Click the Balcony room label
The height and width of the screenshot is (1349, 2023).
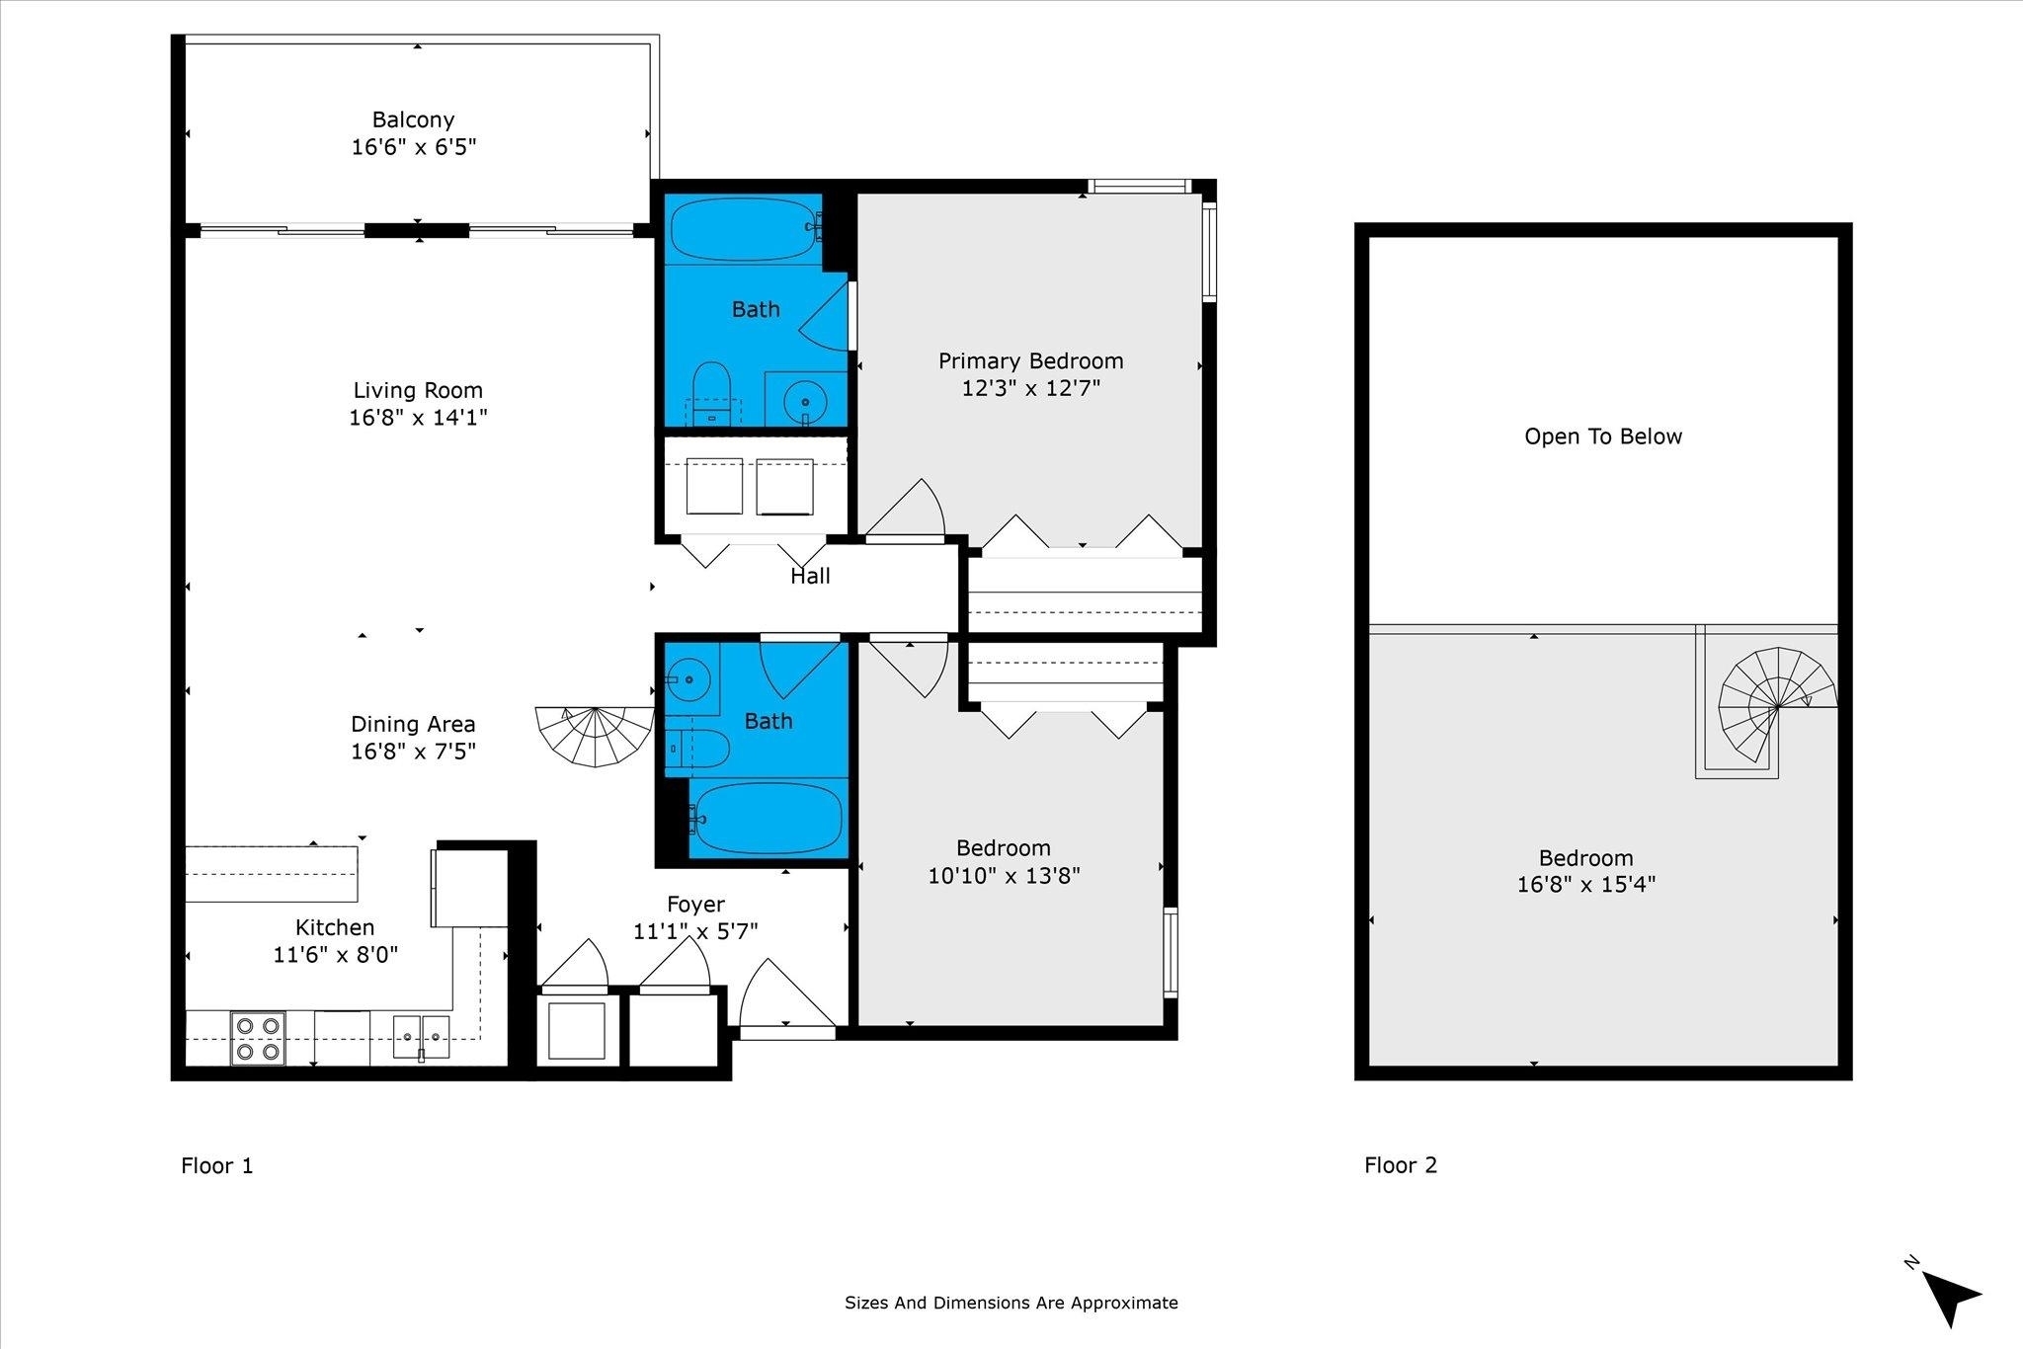pyautogui.click(x=413, y=119)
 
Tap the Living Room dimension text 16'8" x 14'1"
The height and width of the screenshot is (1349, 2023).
pyautogui.click(x=418, y=418)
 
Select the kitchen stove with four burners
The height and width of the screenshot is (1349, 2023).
pyautogui.click(x=258, y=1038)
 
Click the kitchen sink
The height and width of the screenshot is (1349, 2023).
pyautogui.click(x=422, y=1037)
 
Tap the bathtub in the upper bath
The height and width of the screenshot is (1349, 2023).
pyautogui.click(x=745, y=229)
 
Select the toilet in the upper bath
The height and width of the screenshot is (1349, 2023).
pyautogui.click(x=711, y=393)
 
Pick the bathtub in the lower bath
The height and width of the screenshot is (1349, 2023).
pyautogui.click(x=767, y=818)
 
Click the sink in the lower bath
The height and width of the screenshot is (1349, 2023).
pyautogui.click(x=687, y=679)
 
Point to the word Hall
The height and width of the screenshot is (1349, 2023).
pyautogui.click(x=810, y=576)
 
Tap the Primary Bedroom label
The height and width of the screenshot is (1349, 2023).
pyautogui.click(x=1031, y=360)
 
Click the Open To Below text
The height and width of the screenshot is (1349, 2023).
pyautogui.click(x=1603, y=436)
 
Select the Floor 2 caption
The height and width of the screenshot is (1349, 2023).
pyautogui.click(x=1401, y=1165)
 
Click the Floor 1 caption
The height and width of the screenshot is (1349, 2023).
pyautogui.click(x=217, y=1165)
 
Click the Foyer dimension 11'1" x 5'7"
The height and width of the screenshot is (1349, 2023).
pyautogui.click(x=695, y=931)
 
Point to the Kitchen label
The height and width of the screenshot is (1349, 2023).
pyautogui.click(x=335, y=927)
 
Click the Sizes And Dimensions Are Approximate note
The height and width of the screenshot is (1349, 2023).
pyautogui.click(x=1011, y=1303)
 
